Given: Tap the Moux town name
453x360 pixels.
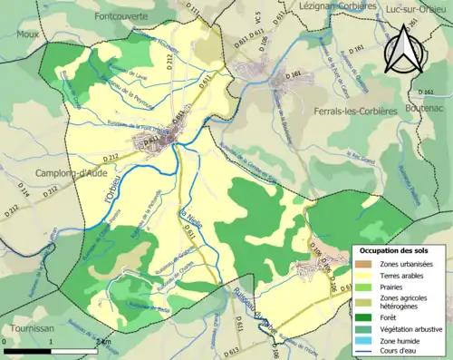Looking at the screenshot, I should pos(28,34).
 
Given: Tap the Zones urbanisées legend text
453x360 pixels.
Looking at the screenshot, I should pos(408,263).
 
